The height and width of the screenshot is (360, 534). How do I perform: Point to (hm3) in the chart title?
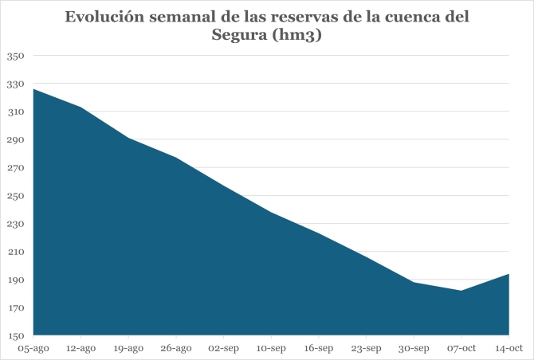click(297, 35)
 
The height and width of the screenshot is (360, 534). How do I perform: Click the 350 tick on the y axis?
click(17, 56)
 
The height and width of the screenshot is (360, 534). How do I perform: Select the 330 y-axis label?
click(17, 84)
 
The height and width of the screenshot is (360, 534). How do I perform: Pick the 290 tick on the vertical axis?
click(17, 140)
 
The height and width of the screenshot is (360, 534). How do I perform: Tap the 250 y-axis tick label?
click(17, 196)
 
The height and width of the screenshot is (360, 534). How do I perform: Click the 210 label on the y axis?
click(17, 252)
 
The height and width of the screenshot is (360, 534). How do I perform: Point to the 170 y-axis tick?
click(17, 308)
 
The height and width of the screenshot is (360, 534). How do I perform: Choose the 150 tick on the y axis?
click(17, 336)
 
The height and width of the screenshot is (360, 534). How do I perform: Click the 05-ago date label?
click(33, 348)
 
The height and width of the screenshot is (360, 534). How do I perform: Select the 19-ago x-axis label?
click(128, 348)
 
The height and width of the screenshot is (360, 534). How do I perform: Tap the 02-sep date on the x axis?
click(223, 348)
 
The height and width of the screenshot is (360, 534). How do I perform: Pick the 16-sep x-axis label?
click(319, 348)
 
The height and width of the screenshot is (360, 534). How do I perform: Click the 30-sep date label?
click(414, 348)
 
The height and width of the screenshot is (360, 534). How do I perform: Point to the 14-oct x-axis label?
click(508, 348)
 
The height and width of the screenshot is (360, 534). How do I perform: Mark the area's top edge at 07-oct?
click(461, 291)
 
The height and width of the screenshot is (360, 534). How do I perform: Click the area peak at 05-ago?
click(33, 89)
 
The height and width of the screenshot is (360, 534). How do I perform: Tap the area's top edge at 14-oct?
click(508, 274)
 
